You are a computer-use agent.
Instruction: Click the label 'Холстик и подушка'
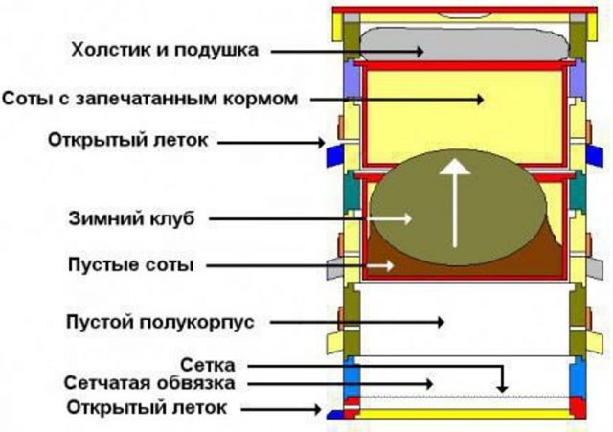165,50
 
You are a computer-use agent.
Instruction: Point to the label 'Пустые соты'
131,264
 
